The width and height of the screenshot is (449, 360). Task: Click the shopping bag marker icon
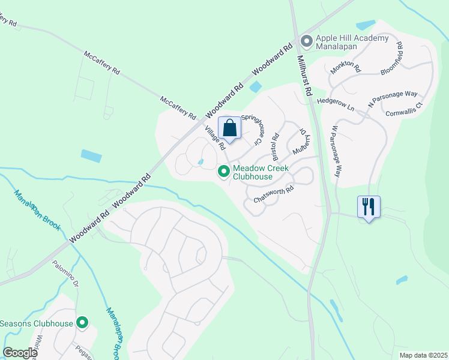[x=230, y=128]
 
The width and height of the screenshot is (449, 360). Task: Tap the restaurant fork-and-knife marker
[x=369, y=208]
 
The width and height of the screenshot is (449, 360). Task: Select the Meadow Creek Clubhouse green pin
[x=224, y=172]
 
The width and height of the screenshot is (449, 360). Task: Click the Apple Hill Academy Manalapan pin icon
[x=306, y=41]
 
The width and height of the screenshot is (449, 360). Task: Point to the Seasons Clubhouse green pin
[x=82, y=323]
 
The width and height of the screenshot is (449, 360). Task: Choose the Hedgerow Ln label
[x=336, y=101]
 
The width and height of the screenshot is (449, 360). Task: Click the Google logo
[x=20, y=353]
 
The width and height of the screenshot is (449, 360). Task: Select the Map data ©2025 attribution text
[x=423, y=355]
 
